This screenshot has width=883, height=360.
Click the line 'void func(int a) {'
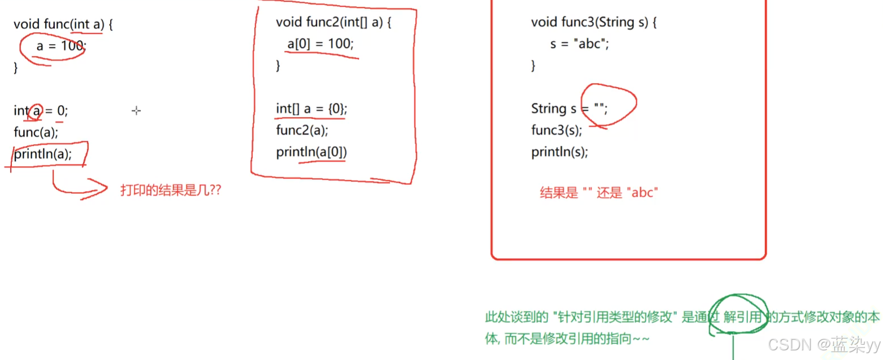click(63, 25)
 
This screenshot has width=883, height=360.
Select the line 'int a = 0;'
click(41, 111)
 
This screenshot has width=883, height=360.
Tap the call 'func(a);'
click(36, 132)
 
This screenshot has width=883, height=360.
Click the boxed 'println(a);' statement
click(43, 154)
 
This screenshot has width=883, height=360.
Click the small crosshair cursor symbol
click(136, 111)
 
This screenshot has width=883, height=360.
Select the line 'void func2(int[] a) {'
click(333, 23)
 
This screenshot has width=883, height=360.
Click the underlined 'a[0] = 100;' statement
click(320, 44)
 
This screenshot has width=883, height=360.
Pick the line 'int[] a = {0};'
click(312, 109)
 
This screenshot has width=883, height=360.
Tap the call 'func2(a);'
click(302, 131)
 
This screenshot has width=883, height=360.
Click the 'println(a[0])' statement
click(312, 152)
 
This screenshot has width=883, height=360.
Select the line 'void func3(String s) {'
click(594, 23)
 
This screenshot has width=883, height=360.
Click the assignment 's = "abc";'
click(580, 44)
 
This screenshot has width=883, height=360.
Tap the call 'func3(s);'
click(556, 131)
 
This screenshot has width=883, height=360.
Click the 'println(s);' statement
click(559, 152)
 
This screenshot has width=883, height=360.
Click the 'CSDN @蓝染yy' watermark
click(824, 344)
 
